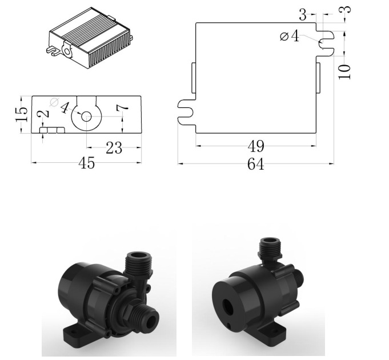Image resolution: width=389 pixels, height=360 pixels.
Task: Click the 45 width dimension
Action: pos(86,163)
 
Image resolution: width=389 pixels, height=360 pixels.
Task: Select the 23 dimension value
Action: pos(114,149)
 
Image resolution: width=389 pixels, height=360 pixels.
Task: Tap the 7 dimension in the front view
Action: pos(121,108)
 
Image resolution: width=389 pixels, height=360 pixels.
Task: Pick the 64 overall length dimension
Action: pos(255,165)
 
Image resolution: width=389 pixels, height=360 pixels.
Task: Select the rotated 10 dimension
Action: pos(344,71)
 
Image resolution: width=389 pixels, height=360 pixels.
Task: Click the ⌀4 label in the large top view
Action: pos(290,37)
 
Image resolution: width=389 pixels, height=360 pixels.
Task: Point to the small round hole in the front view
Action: pos(86,116)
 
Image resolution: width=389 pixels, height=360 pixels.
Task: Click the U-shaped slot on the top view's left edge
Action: pos(187,111)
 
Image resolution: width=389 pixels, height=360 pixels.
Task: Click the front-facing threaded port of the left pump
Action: pos(147,318)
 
